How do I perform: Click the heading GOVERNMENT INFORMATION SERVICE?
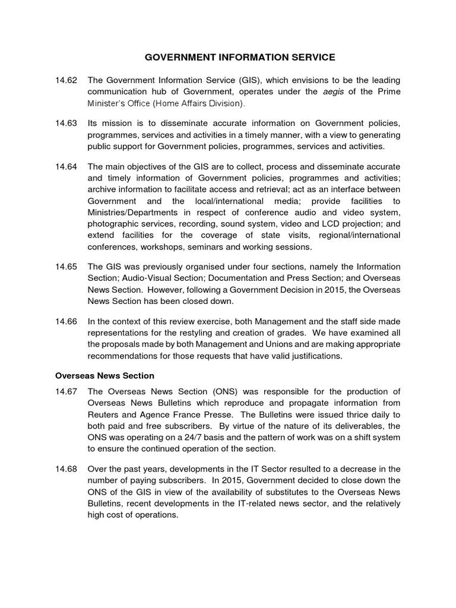click(x=240, y=57)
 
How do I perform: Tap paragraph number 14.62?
click(x=66, y=80)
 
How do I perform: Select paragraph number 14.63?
click(x=66, y=123)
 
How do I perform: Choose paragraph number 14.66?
click(x=66, y=321)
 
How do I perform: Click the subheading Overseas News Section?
click(x=104, y=375)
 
